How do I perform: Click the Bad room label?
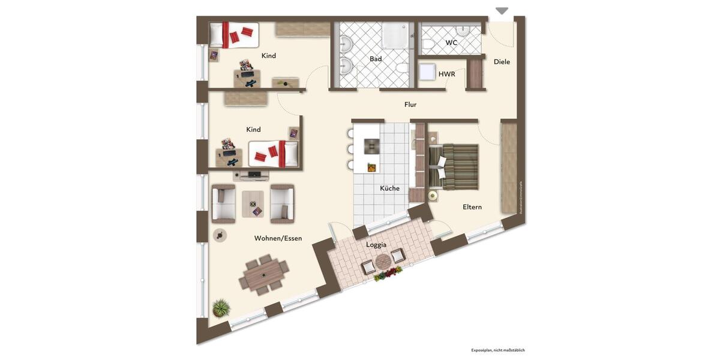coord(376,59)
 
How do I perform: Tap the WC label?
coord(451,43)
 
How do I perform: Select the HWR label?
coord(446,74)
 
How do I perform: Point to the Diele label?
coord(502,61)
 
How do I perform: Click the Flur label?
coord(410,104)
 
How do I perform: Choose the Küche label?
coord(389,188)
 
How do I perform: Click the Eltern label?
coord(472,207)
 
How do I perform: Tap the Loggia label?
coord(376,245)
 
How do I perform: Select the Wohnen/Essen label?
coord(278,238)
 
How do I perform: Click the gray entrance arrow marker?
coord(502,11)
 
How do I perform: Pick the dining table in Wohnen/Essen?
coord(264,275)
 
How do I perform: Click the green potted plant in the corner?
coord(221,308)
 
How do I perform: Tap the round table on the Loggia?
coord(383,262)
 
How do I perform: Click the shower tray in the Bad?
coord(394,36)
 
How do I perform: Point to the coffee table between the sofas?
coord(253,204)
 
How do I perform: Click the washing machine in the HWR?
coord(427,72)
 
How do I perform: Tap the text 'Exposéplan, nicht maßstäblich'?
coord(497,350)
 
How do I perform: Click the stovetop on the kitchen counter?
coord(371,145)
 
